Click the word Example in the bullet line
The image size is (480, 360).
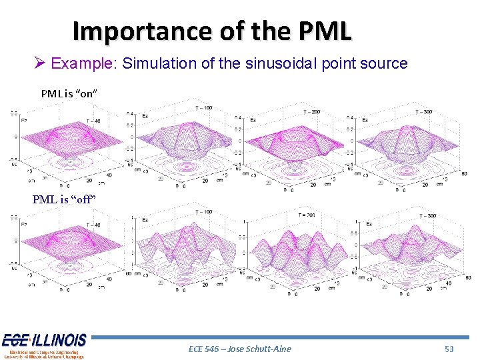[81, 64]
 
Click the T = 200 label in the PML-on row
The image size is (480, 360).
[311, 111]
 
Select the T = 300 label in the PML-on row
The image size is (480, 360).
[424, 111]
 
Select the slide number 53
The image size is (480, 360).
[449, 349]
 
